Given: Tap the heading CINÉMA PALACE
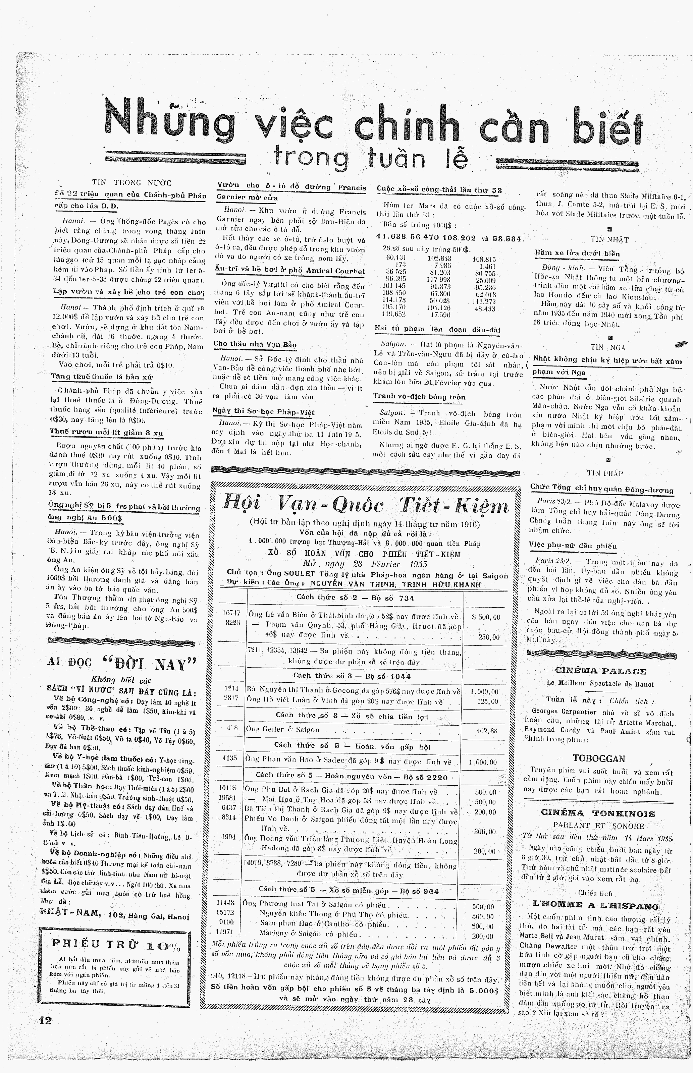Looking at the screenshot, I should [600, 671].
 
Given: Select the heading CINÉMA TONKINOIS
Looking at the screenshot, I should [598, 813].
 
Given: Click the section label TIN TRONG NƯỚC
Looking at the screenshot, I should [132, 183].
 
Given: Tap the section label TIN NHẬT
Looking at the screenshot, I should [609, 240].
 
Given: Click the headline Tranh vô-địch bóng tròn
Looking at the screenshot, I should [419, 397].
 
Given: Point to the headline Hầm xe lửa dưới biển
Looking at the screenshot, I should [577, 253].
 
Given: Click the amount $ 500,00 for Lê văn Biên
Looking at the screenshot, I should [486, 617].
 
